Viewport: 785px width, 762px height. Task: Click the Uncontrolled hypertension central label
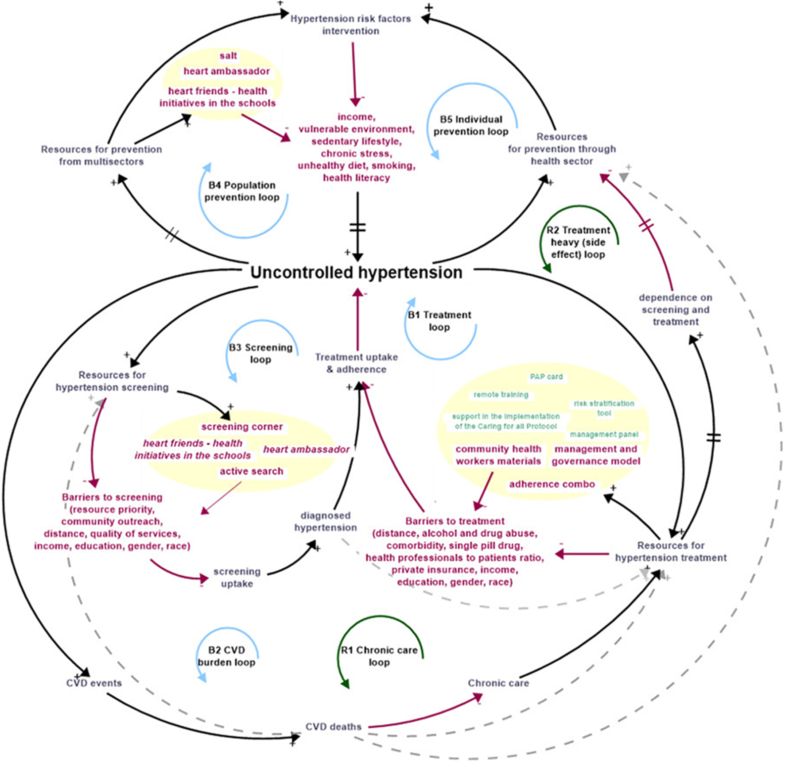(356, 272)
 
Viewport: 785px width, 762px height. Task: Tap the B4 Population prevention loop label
(242, 191)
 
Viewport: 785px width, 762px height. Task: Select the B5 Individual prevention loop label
(471, 125)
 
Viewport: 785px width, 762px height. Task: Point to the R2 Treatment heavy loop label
(578, 242)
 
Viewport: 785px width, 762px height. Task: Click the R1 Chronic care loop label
(379, 656)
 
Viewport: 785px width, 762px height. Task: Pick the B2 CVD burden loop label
(226, 656)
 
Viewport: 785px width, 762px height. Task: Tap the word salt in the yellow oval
(228, 56)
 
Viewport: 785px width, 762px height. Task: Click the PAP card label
(546, 377)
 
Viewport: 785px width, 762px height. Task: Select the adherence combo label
(552, 484)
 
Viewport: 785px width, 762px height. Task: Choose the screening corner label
(242, 427)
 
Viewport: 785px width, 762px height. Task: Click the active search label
(251, 471)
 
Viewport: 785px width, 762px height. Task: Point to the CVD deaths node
(333, 727)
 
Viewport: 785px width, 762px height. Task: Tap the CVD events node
(94, 683)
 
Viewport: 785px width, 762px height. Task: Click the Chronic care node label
(498, 683)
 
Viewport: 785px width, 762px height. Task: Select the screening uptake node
(237, 577)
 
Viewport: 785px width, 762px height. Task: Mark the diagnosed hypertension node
(326, 521)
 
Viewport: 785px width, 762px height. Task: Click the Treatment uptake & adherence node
(356, 363)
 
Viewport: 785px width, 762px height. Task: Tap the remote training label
(501, 395)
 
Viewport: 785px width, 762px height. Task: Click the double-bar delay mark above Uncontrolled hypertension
(358, 227)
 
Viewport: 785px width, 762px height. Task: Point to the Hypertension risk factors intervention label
(350, 25)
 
